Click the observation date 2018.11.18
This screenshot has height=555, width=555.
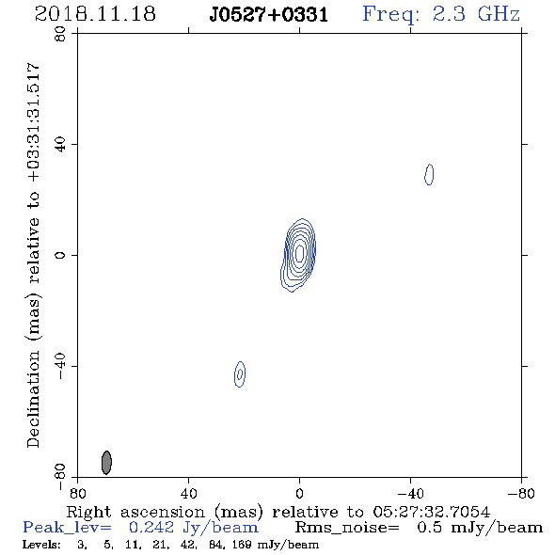(x=95, y=14)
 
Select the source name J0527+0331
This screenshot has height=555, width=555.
(x=269, y=14)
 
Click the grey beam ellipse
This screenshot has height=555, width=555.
(x=106, y=462)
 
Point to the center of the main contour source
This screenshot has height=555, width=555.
(x=299, y=253)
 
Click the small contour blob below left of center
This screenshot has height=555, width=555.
(x=240, y=374)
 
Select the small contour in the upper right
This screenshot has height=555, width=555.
(x=429, y=175)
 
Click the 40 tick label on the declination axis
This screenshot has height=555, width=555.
(x=60, y=145)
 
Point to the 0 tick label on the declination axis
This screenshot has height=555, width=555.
(x=60, y=255)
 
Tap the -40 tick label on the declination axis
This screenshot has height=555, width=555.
(x=60, y=366)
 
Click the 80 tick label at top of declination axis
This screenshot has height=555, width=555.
(x=60, y=34)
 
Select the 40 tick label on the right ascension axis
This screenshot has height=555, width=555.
(x=188, y=493)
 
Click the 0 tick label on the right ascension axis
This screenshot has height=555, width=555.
(x=299, y=493)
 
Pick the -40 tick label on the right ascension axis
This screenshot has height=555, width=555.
(x=410, y=493)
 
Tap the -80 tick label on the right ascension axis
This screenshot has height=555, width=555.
(x=521, y=493)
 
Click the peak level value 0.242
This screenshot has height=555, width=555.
(x=151, y=528)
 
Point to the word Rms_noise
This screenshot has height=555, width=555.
(x=347, y=528)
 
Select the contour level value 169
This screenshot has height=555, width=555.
(x=242, y=545)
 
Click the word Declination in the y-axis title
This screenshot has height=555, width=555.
(x=33, y=399)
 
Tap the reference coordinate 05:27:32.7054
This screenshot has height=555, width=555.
(x=432, y=512)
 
